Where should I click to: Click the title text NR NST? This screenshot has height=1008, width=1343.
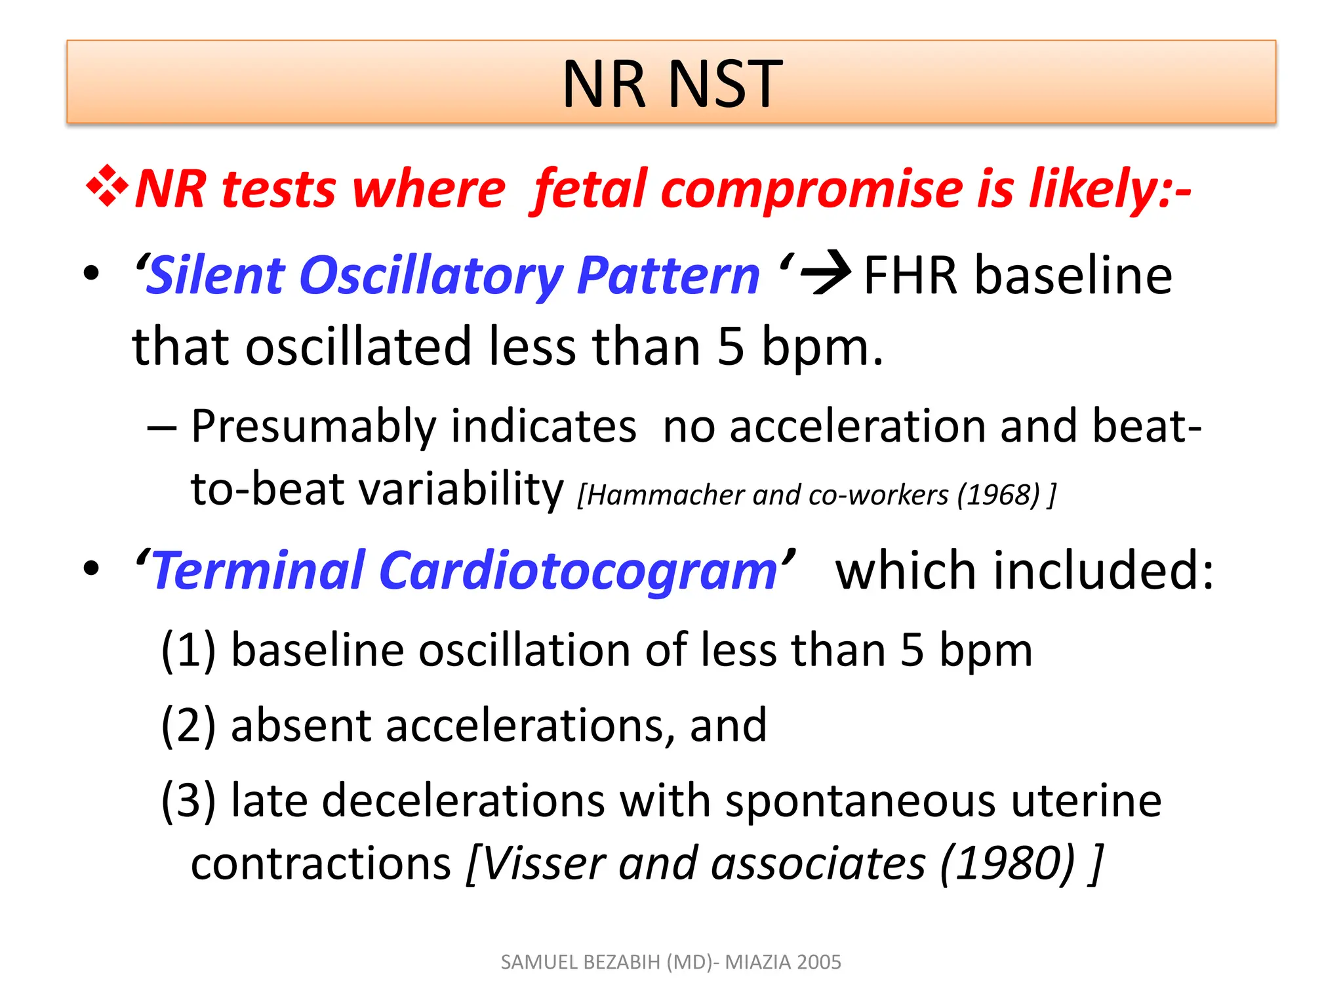pyautogui.click(x=671, y=84)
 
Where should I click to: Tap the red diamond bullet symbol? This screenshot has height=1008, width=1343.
pyautogui.click(x=107, y=188)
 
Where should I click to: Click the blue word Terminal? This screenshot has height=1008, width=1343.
pyautogui.click(x=258, y=571)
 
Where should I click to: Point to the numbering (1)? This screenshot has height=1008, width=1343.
pyautogui.click(x=188, y=650)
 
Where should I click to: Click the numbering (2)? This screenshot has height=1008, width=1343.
pyautogui.click(x=188, y=726)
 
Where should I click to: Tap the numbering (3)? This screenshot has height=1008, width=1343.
pyautogui.click(x=188, y=801)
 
